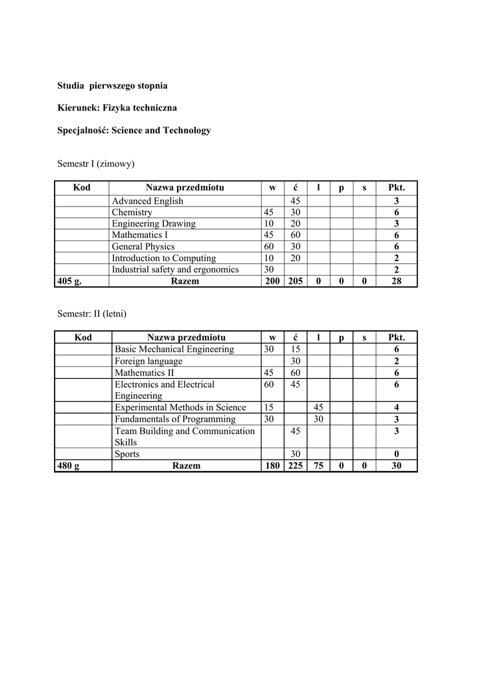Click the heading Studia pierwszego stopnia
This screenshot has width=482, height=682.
tap(112, 86)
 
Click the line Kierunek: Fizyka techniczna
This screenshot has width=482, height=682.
tap(117, 108)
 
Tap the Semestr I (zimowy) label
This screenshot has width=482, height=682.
tap(97, 163)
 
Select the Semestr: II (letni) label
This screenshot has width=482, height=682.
tap(92, 313)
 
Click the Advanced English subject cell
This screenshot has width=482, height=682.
tap(148, 201)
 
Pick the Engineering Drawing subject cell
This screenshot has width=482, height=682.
tap(154, 224)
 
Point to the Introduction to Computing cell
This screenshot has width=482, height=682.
tap(164, 258)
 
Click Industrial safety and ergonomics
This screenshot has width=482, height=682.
tap(175, 269)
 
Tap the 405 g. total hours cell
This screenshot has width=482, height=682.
tap(70, 281)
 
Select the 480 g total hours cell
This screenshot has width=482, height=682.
tap(69, 466)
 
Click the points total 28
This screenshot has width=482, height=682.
tap(396, 281)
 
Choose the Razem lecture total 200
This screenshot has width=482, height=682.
tap(273, 281)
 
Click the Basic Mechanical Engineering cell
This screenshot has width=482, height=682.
tap(174, 349)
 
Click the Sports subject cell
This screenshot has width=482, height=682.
tap(127, 454)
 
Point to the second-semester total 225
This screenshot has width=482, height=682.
tap(295, 466)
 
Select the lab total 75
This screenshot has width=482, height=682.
tap(318, 466)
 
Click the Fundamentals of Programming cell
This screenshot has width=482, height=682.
tap(175, 420)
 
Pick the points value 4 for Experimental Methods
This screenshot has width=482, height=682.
tap(396, 408)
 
